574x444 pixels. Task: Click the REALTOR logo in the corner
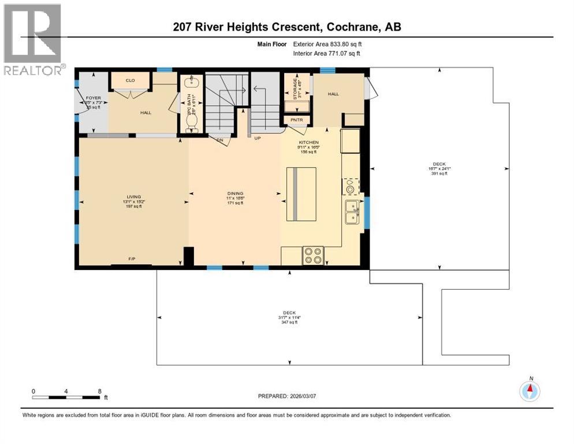point(32,39)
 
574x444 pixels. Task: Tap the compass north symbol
point(529,391)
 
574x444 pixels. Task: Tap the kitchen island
point(301,194)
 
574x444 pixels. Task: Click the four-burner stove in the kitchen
point(314,256)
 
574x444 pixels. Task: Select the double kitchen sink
point(351,212)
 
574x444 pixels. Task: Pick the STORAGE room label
point(295,90)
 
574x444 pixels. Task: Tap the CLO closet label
point(131,80)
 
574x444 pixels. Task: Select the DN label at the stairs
point(219,139)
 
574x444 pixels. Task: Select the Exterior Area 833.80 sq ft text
point(327,43)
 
